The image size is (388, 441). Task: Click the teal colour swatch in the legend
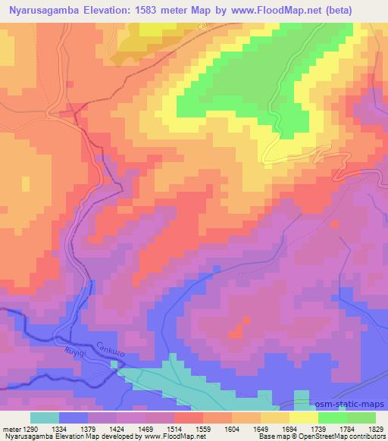tap(45, 418)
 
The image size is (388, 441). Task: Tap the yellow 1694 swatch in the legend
tap(303, 418)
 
